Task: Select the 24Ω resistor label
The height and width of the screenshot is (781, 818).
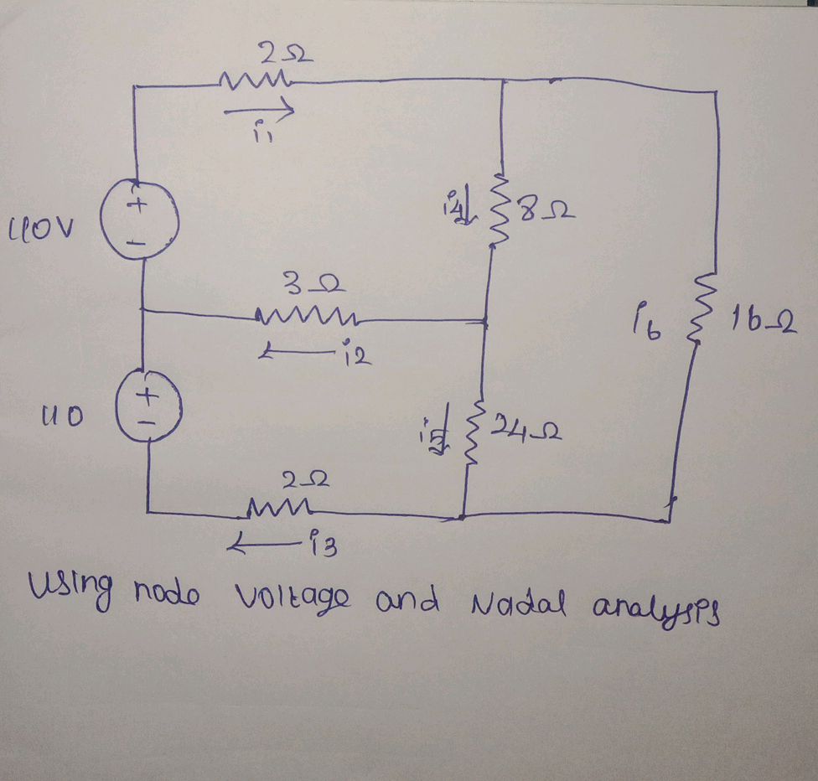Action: [525, 432]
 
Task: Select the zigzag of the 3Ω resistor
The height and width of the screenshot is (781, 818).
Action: [306, 317]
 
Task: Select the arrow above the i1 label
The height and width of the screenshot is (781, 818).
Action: [260, 110]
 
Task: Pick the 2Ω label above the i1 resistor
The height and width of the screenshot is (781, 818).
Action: [277, 57]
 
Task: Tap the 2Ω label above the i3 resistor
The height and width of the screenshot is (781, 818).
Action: [308, 480]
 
